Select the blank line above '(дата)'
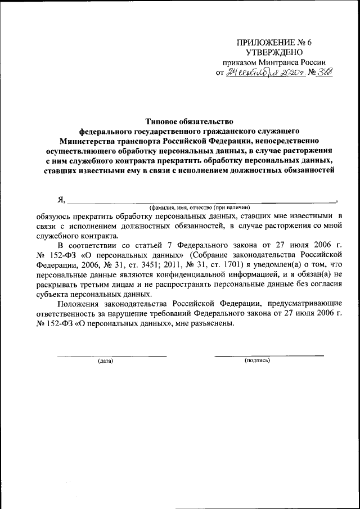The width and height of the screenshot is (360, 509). pyautogui.click(x=112, y=355)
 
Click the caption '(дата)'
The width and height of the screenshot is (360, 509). pyautogui.click(x=105, y=361)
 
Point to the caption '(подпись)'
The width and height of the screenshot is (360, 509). pyautogui.click(x=258, y=361)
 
